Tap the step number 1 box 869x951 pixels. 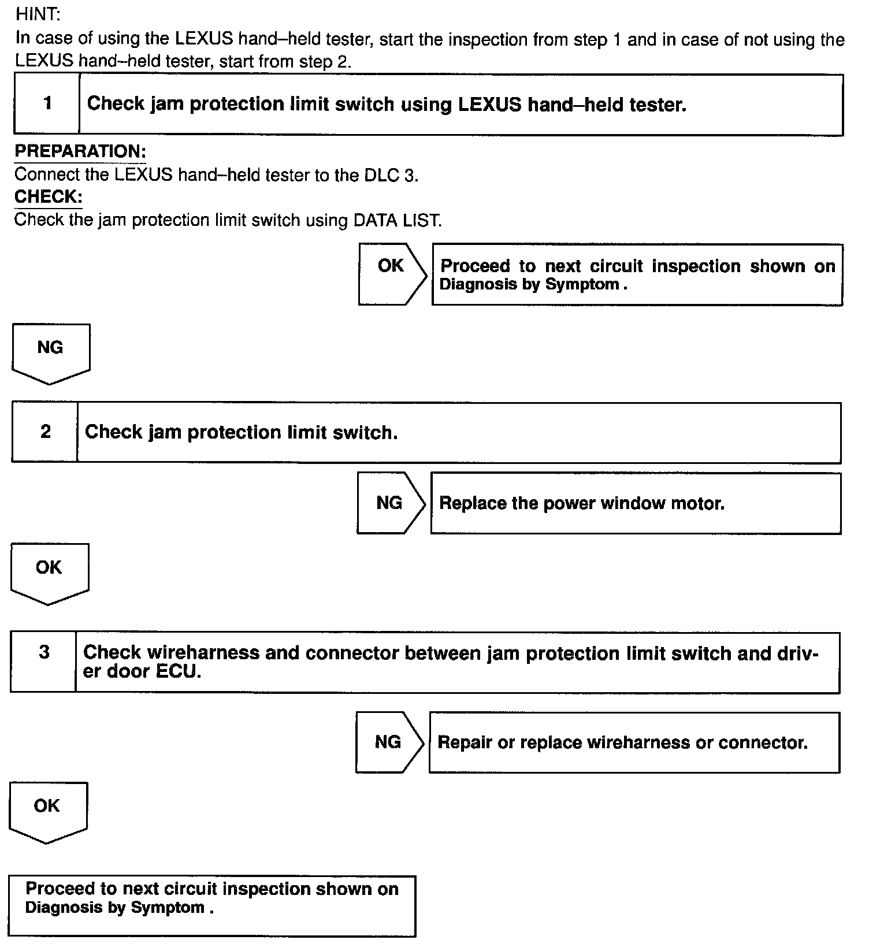47,104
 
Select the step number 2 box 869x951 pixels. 46,432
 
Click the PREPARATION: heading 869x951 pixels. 80,151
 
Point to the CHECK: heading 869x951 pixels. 49,197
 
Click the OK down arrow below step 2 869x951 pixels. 49,573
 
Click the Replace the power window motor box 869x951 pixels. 636,503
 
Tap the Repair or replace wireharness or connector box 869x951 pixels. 634,742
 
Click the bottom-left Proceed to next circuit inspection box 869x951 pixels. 212,905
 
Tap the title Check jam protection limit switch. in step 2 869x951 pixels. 241,432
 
